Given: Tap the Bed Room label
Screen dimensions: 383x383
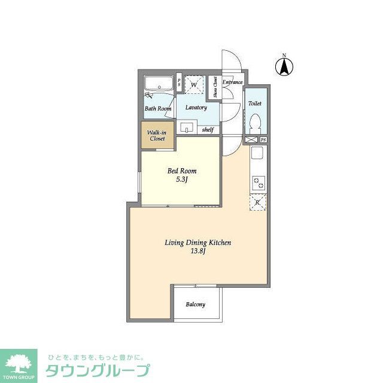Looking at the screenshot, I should [181, 171].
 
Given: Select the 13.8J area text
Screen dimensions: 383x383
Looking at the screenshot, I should [198, 251].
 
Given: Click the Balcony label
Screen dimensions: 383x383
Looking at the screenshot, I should [195, 305].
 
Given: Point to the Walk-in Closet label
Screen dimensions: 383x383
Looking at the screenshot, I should [157, 135].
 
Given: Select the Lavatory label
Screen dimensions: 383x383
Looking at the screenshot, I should [196, 108].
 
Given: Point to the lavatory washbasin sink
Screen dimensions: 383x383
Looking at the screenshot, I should [187, 127].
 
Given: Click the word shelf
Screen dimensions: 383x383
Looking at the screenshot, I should [208, 129].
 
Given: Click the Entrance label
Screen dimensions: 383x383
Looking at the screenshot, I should [232, 82].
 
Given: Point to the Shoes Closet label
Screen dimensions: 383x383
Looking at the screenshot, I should [215, 87].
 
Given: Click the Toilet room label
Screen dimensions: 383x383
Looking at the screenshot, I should [255, 104].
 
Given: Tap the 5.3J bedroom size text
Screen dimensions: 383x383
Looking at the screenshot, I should [181, 179].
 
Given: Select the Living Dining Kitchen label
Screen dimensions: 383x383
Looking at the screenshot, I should [198, 242].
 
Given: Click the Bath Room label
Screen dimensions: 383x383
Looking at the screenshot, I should [158, 109].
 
